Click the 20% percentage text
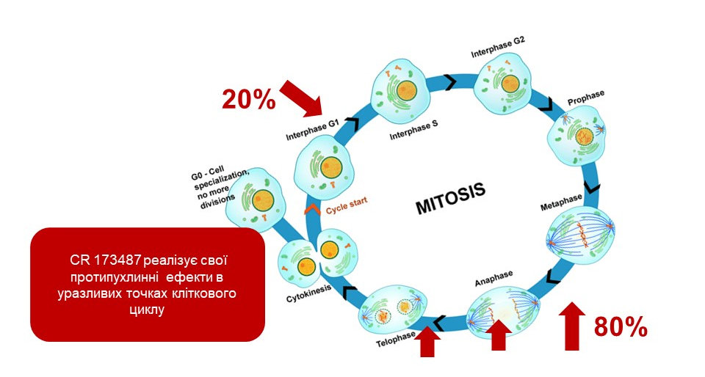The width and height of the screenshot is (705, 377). point(248,98)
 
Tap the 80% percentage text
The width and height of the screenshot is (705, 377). point(621,327)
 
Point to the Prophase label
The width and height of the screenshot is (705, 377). point(585,95)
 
